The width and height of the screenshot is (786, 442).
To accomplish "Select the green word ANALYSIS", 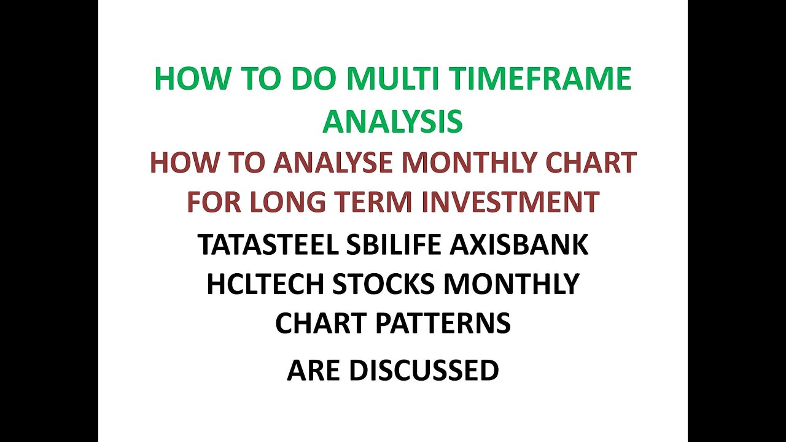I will pyautogui.click(x=393, y=121).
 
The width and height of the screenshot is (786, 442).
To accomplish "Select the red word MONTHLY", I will pyautogui.click(x=481, y=163).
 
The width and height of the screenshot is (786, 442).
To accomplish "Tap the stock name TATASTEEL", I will pyautogui.click(x=268, y=244).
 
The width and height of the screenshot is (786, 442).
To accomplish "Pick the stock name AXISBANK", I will pyautogui.click(x=519, y=244).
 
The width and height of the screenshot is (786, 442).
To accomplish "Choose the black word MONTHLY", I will pyautogui.click(x=512, y=284).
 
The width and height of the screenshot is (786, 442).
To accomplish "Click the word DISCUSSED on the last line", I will pyautogui.click(x=424, y=370).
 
